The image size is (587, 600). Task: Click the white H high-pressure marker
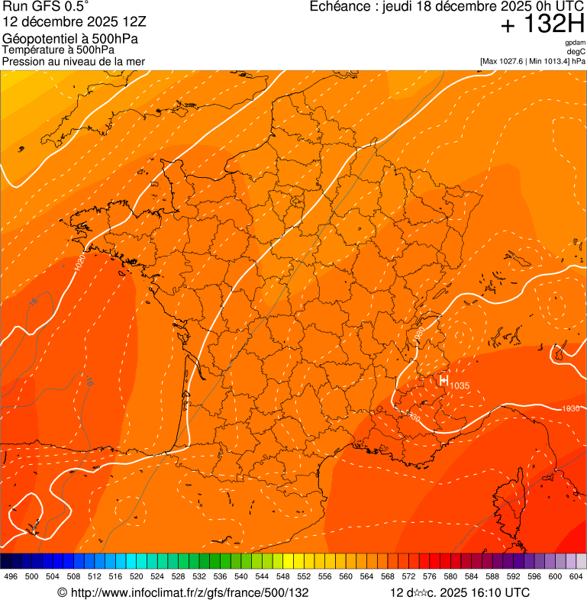443,379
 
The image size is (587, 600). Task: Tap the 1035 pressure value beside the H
460,385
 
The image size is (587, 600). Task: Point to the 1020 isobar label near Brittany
81,263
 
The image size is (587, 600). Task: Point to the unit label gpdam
575,43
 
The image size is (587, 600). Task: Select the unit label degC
576,51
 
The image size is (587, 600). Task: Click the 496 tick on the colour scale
11,576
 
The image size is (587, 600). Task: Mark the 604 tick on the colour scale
576,576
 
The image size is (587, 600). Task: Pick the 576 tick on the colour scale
430,576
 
